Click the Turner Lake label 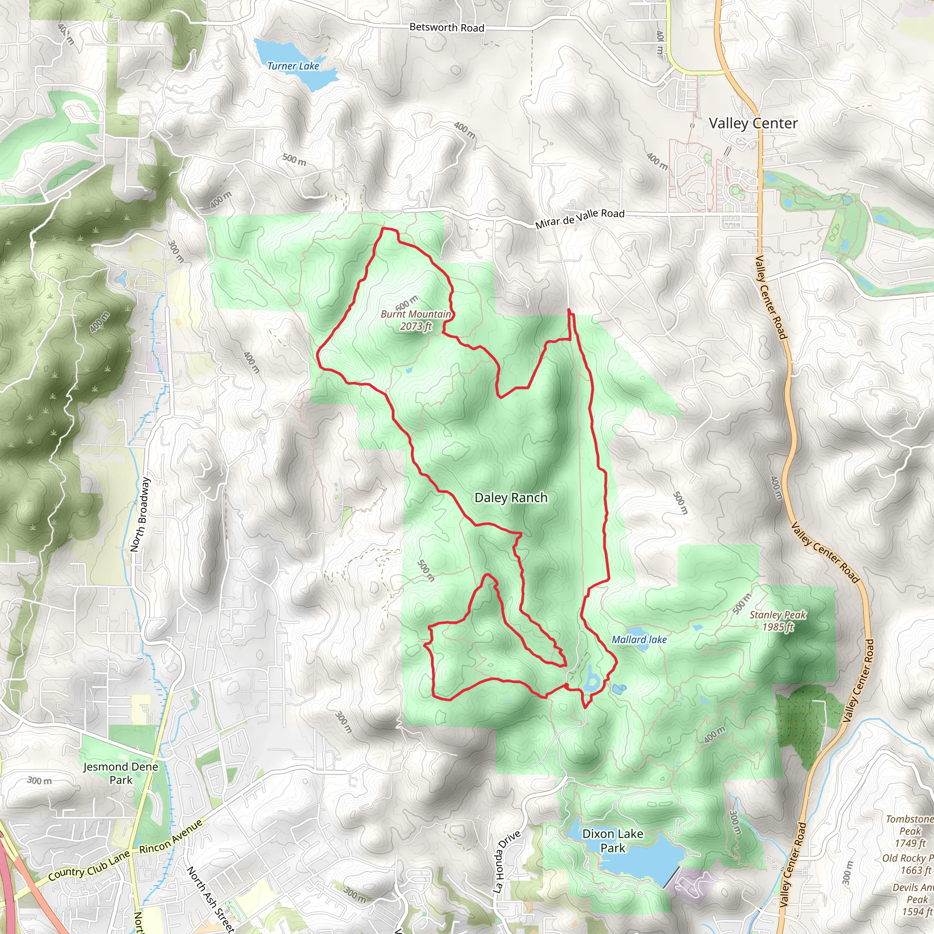click(x=293, y=66)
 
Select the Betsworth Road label click(x=446, y=27)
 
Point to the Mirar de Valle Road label click(x=580, y=218)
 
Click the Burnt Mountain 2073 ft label click(x=415, y=320)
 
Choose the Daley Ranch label click(x=511, y=498)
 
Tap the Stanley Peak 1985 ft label click(x=778, y=621)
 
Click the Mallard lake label click(x=638, y=639)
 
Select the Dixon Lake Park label click(x=612, y=841)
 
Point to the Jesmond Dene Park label click(x=120, y=773)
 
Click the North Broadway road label click(x=140, y=514)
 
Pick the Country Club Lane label click(x=89, y=865)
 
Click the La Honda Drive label click(x=506, y=861)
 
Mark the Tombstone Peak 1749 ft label click(x=909, y=830)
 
